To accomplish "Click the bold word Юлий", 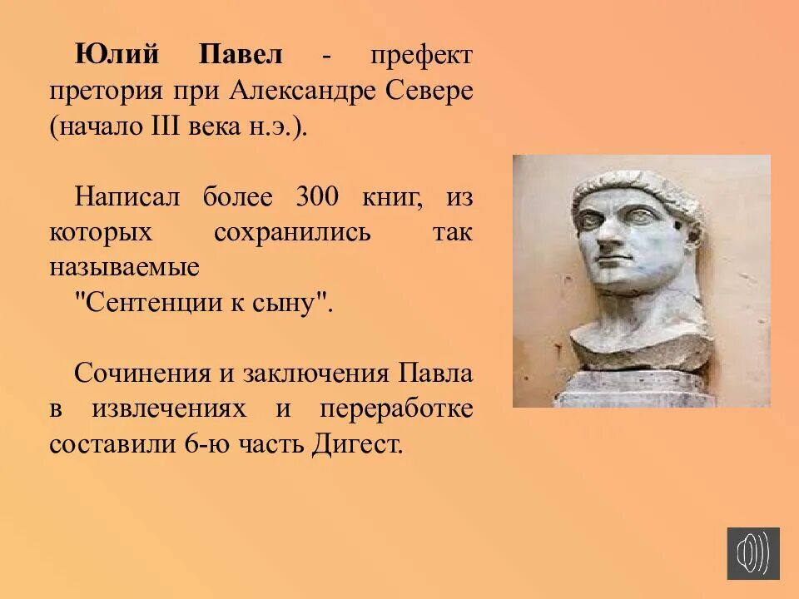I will (x=117, y=56).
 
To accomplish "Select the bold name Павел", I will (x=241, y=56).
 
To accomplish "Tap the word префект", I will (x=421, y=56).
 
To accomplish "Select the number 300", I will (x=317, y=197).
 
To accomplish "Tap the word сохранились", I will (x=292, y=232).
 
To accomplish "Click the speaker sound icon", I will (x=753, y=553).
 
